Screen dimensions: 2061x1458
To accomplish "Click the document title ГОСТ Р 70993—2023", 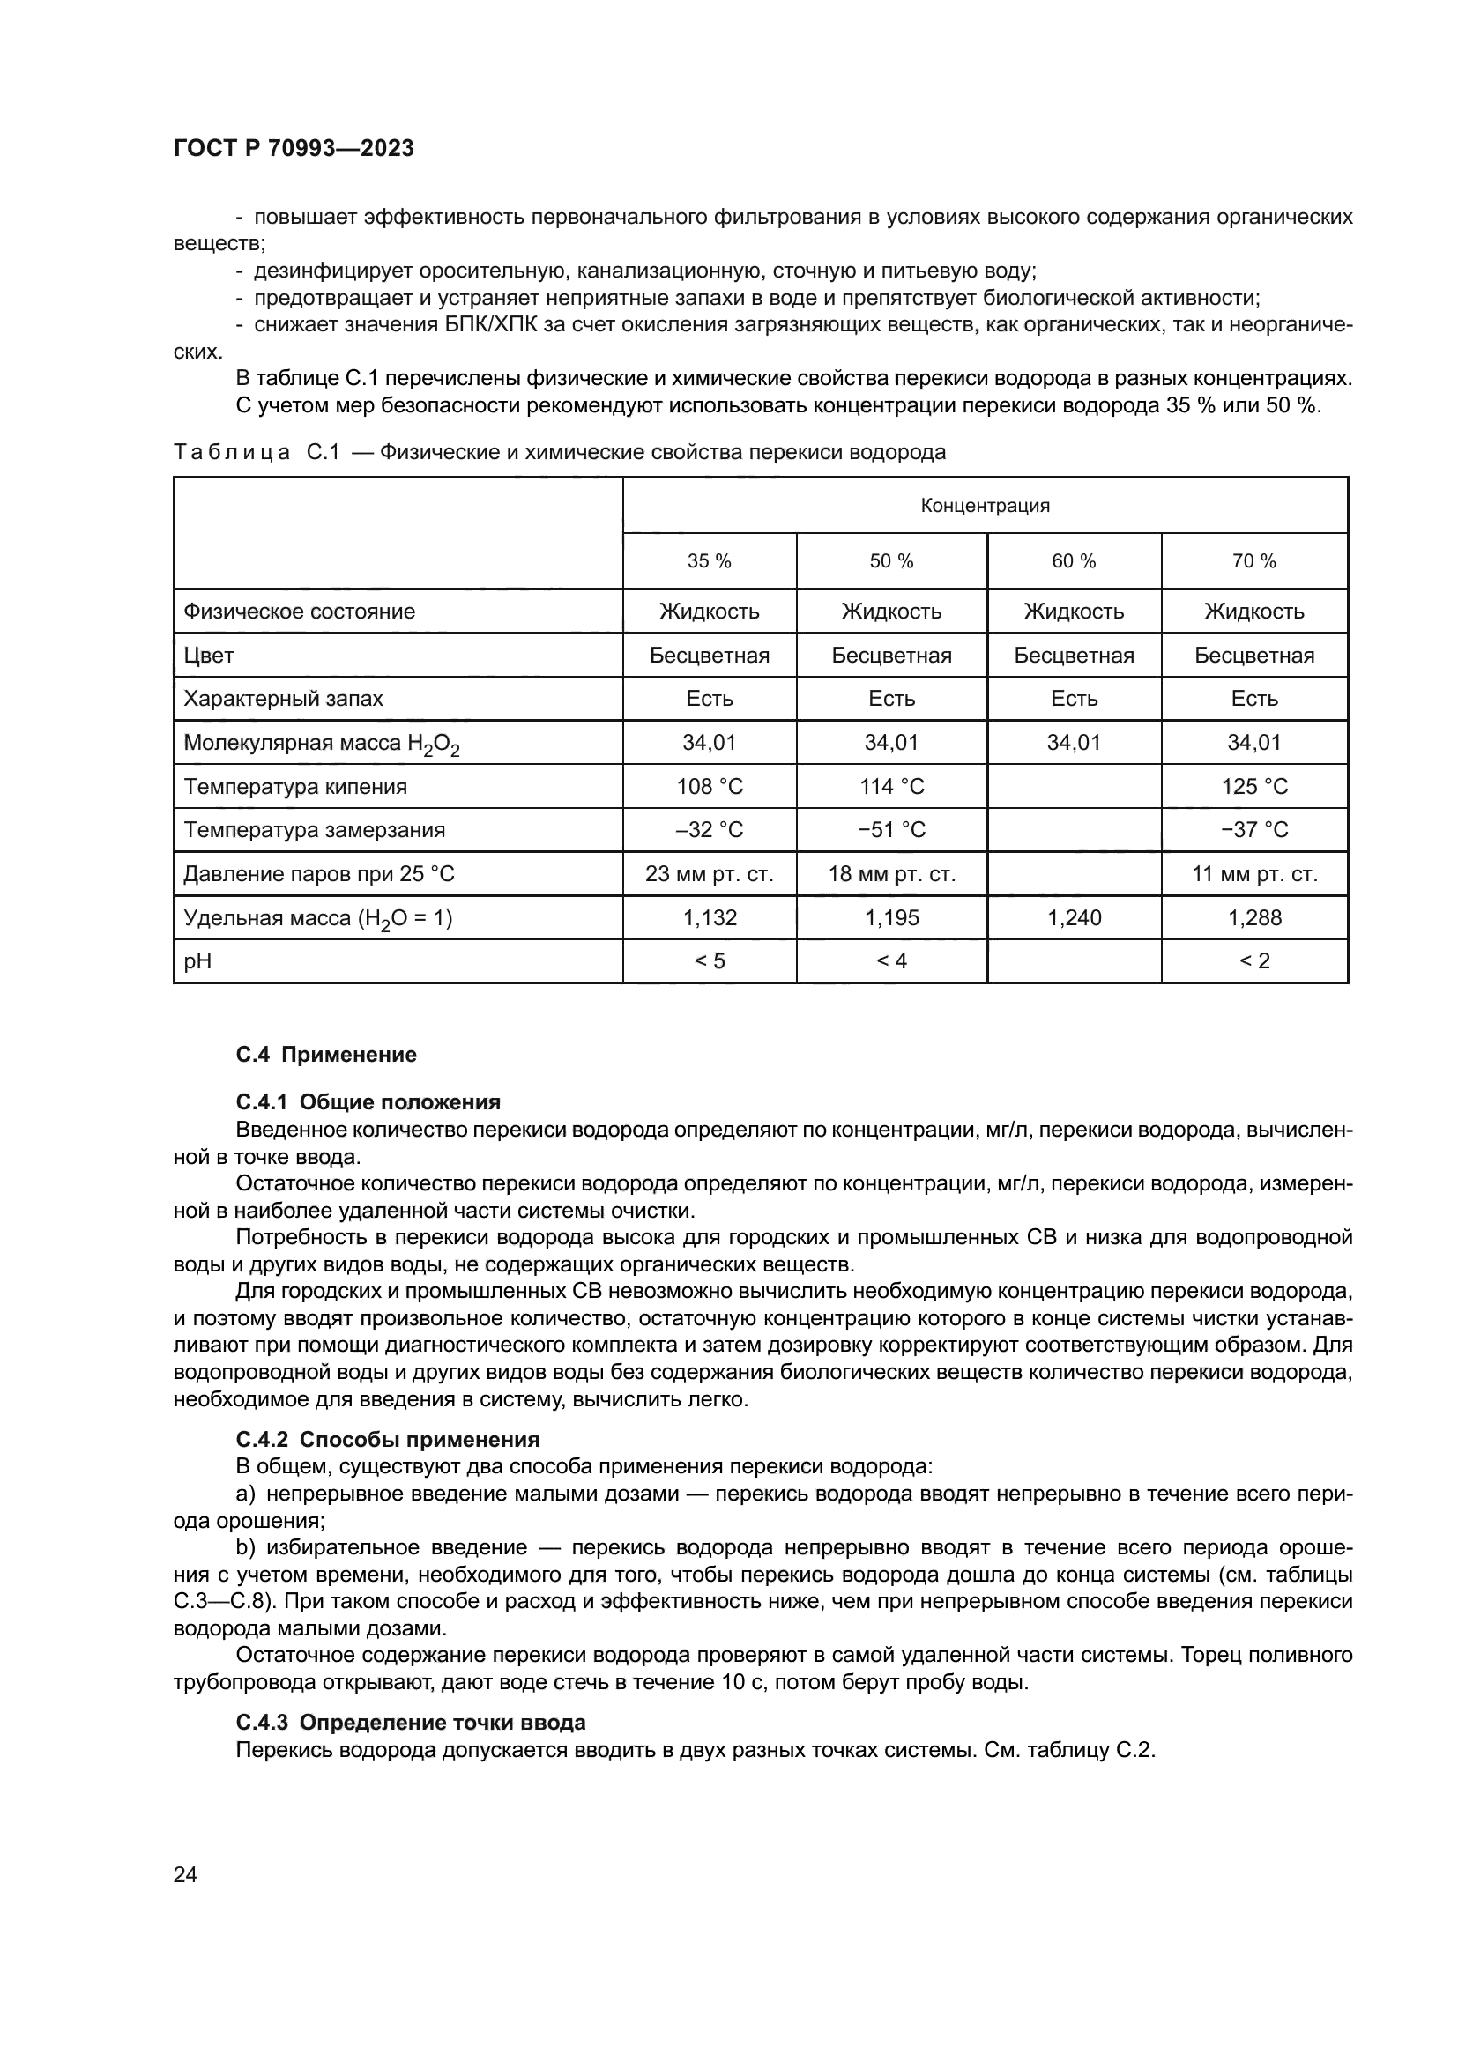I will point(294,148).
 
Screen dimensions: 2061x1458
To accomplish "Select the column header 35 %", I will point(710,561).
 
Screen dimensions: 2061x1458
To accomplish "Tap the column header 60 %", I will point(1074,561).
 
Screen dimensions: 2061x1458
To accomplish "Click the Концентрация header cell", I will point(985,506).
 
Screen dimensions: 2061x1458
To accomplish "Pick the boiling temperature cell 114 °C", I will point(891,786).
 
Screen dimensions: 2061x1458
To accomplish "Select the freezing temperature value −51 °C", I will point(891,829).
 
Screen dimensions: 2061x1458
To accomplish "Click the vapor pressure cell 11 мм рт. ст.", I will point(1254,873).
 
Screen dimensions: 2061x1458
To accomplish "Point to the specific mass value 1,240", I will point(1074,917).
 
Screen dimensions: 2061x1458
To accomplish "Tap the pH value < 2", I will point(1254,960).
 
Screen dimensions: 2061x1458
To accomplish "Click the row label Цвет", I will point(208,656).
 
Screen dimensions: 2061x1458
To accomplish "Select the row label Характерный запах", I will point(283,699).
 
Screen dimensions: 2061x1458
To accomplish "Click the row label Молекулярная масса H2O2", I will point(322,744).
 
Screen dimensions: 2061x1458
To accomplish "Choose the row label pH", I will point(197,960).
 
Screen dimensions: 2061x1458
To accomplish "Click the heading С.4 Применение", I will point(326,1054).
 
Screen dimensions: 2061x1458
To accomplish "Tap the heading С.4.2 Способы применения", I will point(387,1440).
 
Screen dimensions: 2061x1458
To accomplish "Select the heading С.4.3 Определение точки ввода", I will point(410,1722).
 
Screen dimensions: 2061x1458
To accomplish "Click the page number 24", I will point(185,1874).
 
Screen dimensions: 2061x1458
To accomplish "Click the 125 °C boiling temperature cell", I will point(1254,786).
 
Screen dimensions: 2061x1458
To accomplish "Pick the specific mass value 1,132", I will point(710,917).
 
